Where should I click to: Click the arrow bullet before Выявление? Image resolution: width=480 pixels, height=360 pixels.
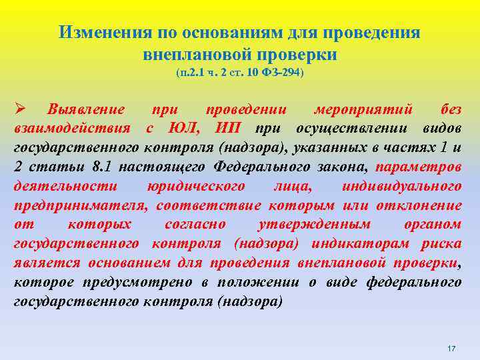tap(19, 109)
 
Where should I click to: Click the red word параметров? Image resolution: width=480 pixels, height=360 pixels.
tap(418, 167)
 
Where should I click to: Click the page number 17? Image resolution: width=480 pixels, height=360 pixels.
tap(451, 349)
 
